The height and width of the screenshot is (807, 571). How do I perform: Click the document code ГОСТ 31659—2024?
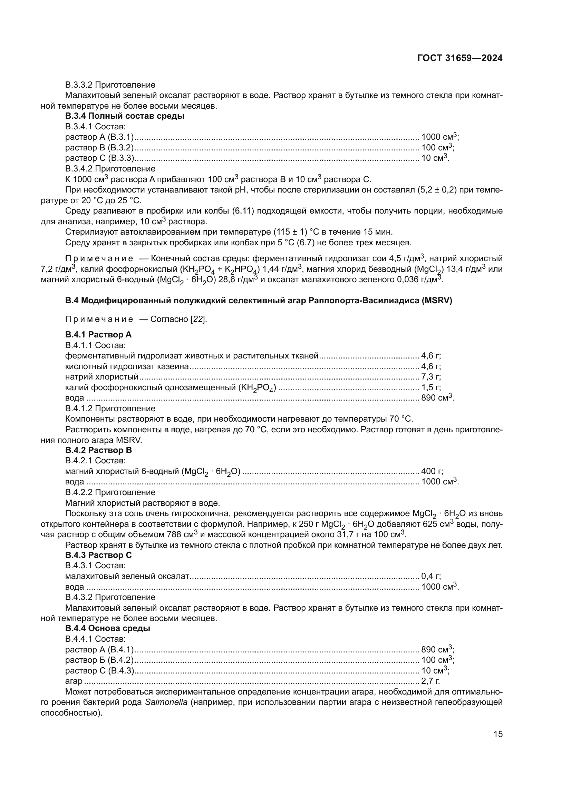pyautogui.click(x=459, y=58)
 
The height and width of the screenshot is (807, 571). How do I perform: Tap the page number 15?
pyautogui.click(x=498, y=734)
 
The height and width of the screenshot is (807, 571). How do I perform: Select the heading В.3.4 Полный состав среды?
pyautogui.click(x=125, y=116)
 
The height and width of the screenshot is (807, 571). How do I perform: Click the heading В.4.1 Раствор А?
pyautogui.click(x=98, y=335)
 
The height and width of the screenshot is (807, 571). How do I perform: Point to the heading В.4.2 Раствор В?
pyautogui.click(x=98, y=450)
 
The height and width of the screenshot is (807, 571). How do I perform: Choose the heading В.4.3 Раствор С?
pyautogui.click(x=98, y=555)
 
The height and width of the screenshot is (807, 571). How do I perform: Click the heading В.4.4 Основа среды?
pyautogui.click(x=108, y=628)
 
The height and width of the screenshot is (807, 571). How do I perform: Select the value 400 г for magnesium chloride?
pyautogui.click(x=432, y=471)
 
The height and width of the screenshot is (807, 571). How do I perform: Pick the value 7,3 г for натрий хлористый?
pyautogui.click(x=431, y=377)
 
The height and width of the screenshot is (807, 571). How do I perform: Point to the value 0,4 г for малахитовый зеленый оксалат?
pyautogui.click(x=431, y=576)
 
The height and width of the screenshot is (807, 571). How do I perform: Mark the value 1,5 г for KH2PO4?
pyautogui.click(x=431, y=387)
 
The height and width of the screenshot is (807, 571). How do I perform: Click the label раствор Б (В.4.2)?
pyautogui.click(x=99, y=660)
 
